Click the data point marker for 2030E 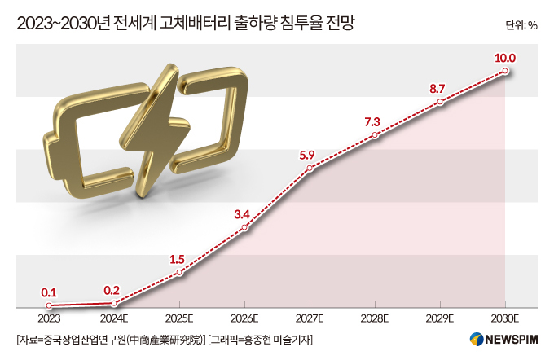click(506, 72)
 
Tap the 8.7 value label click(440, 87)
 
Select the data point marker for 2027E click(310, 169)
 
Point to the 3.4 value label click(243, 214)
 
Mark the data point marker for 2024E click(114, 303)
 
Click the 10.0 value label click(506, 57)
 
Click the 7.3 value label click(374, 121)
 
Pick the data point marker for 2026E click(244, 229)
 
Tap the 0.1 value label click(49, 291)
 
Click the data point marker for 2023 click(49, 305)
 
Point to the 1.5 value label click(178, 259)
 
